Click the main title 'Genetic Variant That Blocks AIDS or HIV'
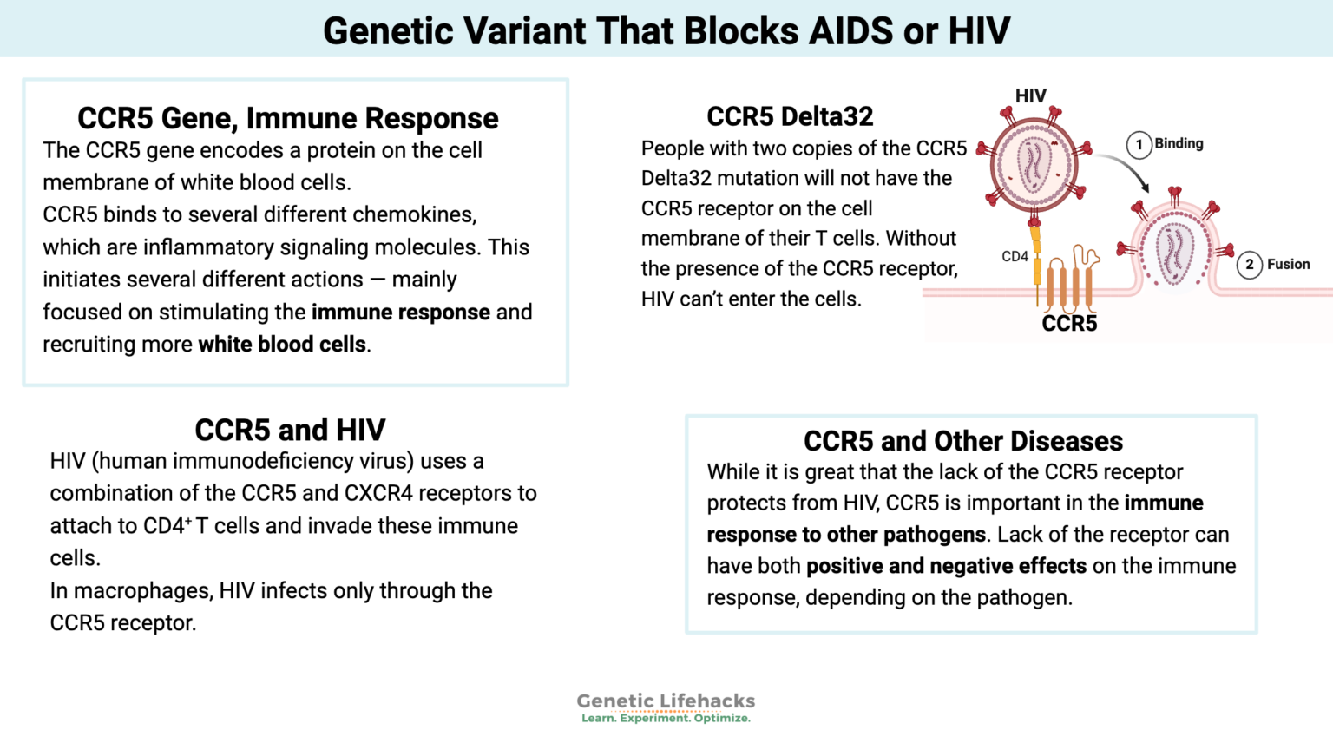pyautogui.click(x=666, y=30)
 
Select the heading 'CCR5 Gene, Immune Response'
pyautogui.click(x=287, y=118)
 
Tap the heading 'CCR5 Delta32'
pyautogui.click(x=790, y=116)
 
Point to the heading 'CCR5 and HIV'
pyautogui.click(x=290, y=430)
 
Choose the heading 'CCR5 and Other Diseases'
pyautogui.click(x=962, y=441)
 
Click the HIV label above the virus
pyautogui.click(x=1030, y=95)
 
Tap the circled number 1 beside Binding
pyautogui.click(x=1139, y=144)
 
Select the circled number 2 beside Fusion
pyautogui.click(x=1249, y=265)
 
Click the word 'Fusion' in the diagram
pyautogui.click(x=1288, y=264)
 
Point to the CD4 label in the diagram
pyautogui.click(x=1015, y=257)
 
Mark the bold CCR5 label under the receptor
pyautogui.click(x=1069, y=324)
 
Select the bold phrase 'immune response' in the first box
pyautogui.click(x=400, y=312)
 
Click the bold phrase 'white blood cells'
pyautogui.click(x=282, y=345)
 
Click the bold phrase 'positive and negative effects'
pyautogui.click(x=946, y=566)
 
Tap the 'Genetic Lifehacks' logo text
pyautogui.click(x=666, y=701)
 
